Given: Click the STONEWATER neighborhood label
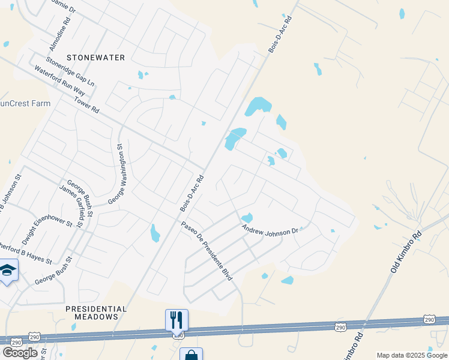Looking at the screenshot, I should (96, 58).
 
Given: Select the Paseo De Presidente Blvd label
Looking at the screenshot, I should (206, 250).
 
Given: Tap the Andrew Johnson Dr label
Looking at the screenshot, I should (270, 229).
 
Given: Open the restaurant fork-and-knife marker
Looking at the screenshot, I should (176, 320).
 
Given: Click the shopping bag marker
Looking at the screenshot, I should (191, 355).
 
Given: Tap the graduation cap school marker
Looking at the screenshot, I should (7, 271).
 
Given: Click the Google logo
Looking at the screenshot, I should (20, 353).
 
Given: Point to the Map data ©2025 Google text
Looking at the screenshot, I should (412, 355).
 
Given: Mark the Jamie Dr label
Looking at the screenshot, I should (64, 6).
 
